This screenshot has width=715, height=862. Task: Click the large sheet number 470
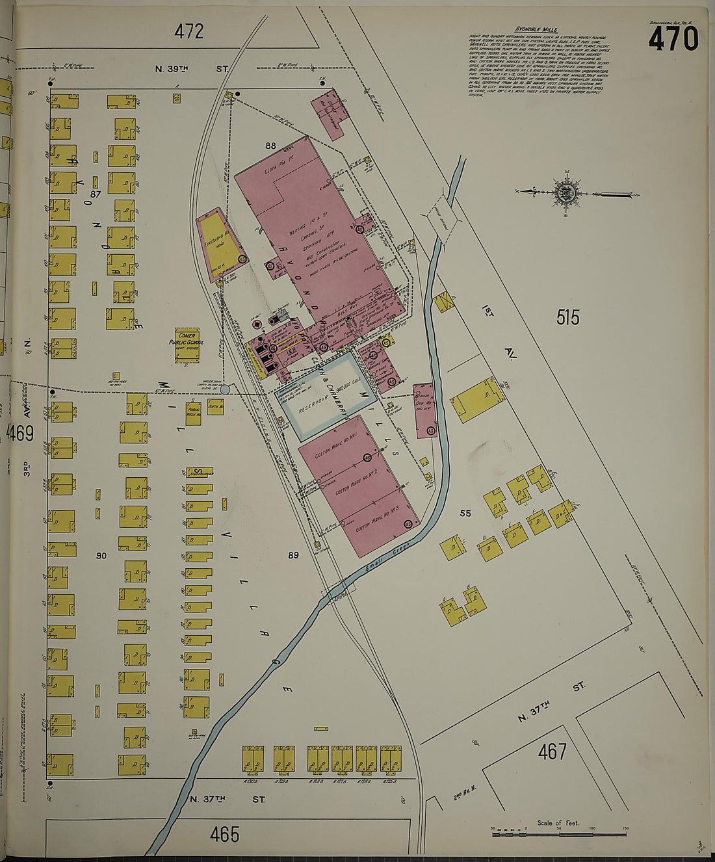[673, 40]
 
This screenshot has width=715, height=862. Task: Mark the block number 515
[567, 318]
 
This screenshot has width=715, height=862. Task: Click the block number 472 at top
[188, 31]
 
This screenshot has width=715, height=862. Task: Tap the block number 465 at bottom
[225, 834]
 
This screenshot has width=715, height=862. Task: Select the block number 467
[552, 752]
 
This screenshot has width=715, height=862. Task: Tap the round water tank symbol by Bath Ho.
[225, 390]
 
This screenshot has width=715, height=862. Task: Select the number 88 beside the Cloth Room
[270, 146]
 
